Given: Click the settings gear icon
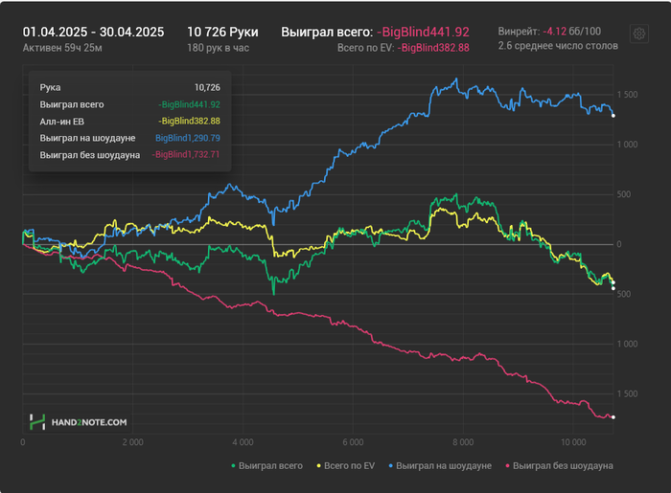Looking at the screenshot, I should coord(638,34).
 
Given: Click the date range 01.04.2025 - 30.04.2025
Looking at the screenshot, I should coord(93,32).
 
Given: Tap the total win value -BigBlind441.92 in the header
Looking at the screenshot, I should coord(423,32).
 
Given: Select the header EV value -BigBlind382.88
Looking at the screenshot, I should coord(433,48).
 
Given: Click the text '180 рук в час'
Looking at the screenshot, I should coord(219,47).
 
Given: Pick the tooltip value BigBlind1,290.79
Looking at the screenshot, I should coord(188,138).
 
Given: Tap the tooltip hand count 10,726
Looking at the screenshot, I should coord(206,87).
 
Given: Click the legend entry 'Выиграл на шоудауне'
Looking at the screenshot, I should coord(444,465).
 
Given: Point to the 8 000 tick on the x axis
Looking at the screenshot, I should coord(463,442).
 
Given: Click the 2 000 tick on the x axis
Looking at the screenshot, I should coord(132,442).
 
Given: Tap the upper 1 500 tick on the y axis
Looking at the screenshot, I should coord(629,95).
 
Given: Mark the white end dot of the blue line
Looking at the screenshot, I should coord(613,116).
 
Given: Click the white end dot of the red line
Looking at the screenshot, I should coord(613,417).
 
